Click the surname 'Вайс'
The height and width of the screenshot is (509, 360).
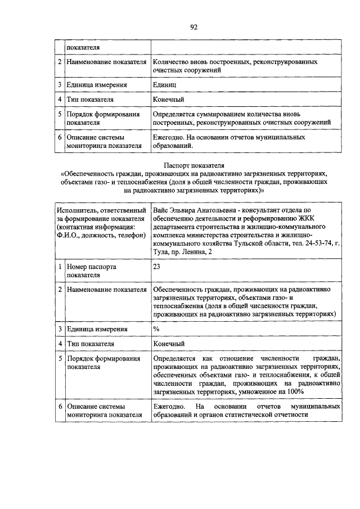(161, 210)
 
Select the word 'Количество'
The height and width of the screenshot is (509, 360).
(172, 61)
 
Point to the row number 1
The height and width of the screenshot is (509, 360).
(60, 267)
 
